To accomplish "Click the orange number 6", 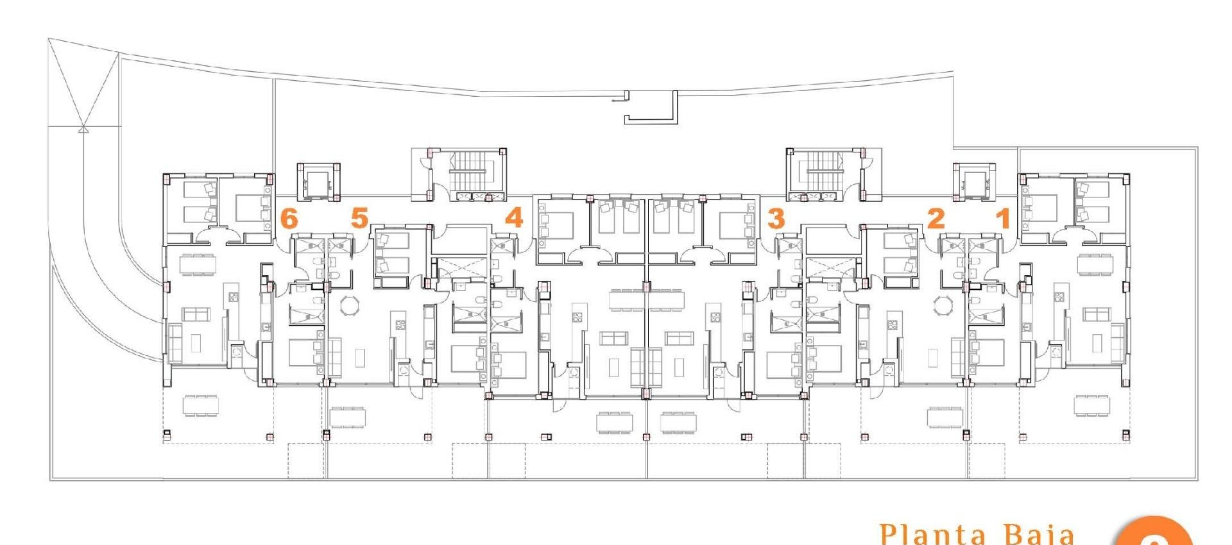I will pos(289,219).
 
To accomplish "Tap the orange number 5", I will pos(359,218).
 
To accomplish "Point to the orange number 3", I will pos(776,219).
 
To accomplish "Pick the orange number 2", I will pos(936,219).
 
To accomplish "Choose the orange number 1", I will pos(1003,219).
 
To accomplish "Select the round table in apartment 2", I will pos(943,305).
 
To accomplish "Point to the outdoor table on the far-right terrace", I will pos(1091,405).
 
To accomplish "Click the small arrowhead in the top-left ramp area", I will pos(82,129).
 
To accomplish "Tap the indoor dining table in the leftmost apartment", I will pos(198,264).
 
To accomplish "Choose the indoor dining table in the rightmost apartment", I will pos(1095,264).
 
